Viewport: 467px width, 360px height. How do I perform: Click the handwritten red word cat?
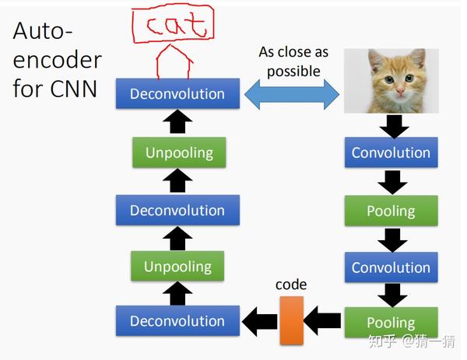pos(173,24)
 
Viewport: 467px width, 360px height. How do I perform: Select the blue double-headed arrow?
pos(293,94)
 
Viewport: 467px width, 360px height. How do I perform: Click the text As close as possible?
pos(293,61)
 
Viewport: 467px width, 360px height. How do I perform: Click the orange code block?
pos(291,320)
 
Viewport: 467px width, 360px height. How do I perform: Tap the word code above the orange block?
pos(291,285)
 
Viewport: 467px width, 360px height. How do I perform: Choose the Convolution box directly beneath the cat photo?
pos(391,152)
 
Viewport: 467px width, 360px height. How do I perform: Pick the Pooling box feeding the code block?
pos(391,322)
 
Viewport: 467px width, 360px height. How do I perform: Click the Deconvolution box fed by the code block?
pos(177,321)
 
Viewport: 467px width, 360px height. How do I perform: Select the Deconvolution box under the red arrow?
pos(177,94)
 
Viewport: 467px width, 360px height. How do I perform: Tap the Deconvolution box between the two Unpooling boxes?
pos(177,210)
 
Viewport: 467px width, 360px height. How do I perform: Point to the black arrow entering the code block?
pos(322,320)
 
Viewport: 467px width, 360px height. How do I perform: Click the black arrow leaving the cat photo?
pos(392,124)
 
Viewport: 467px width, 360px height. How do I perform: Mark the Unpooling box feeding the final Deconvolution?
pos(179,152)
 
